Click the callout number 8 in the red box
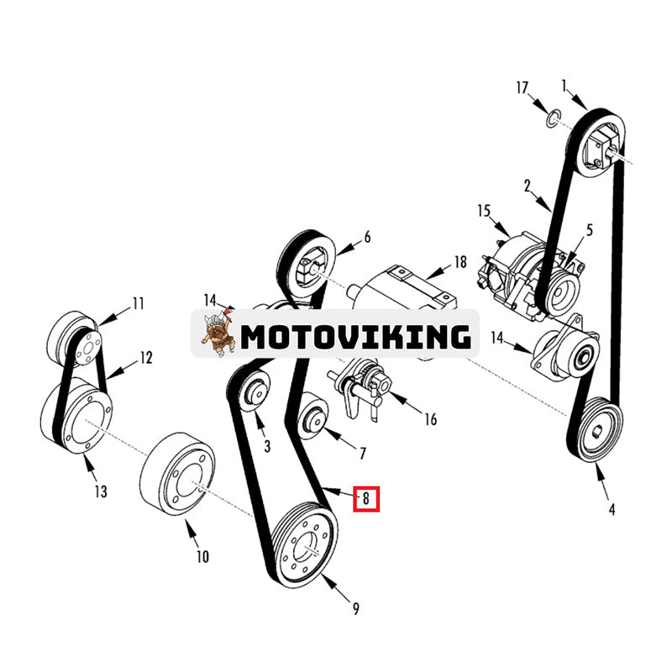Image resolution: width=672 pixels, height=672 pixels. coord(366,499)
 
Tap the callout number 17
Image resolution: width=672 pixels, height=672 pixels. coord(522,87)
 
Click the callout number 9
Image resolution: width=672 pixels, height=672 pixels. coord(355,609)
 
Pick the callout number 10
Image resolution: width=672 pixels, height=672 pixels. coord(202,556)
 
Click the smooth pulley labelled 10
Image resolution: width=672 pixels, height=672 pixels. coord(177,475)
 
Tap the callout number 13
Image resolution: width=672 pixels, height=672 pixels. coord(101,491)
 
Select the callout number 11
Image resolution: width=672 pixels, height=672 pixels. coord(138,303)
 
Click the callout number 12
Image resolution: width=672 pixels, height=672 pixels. coord(146,358)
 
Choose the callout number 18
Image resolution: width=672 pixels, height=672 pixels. coord(459,262)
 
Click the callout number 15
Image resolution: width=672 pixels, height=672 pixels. coord(483,208)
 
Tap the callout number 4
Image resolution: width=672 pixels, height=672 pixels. coord(612,509)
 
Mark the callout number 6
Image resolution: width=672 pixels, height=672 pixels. coord(367,238)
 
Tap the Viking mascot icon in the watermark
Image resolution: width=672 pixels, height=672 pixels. coord(217,333)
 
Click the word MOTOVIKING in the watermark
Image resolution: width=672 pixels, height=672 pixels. coord(355,336)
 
